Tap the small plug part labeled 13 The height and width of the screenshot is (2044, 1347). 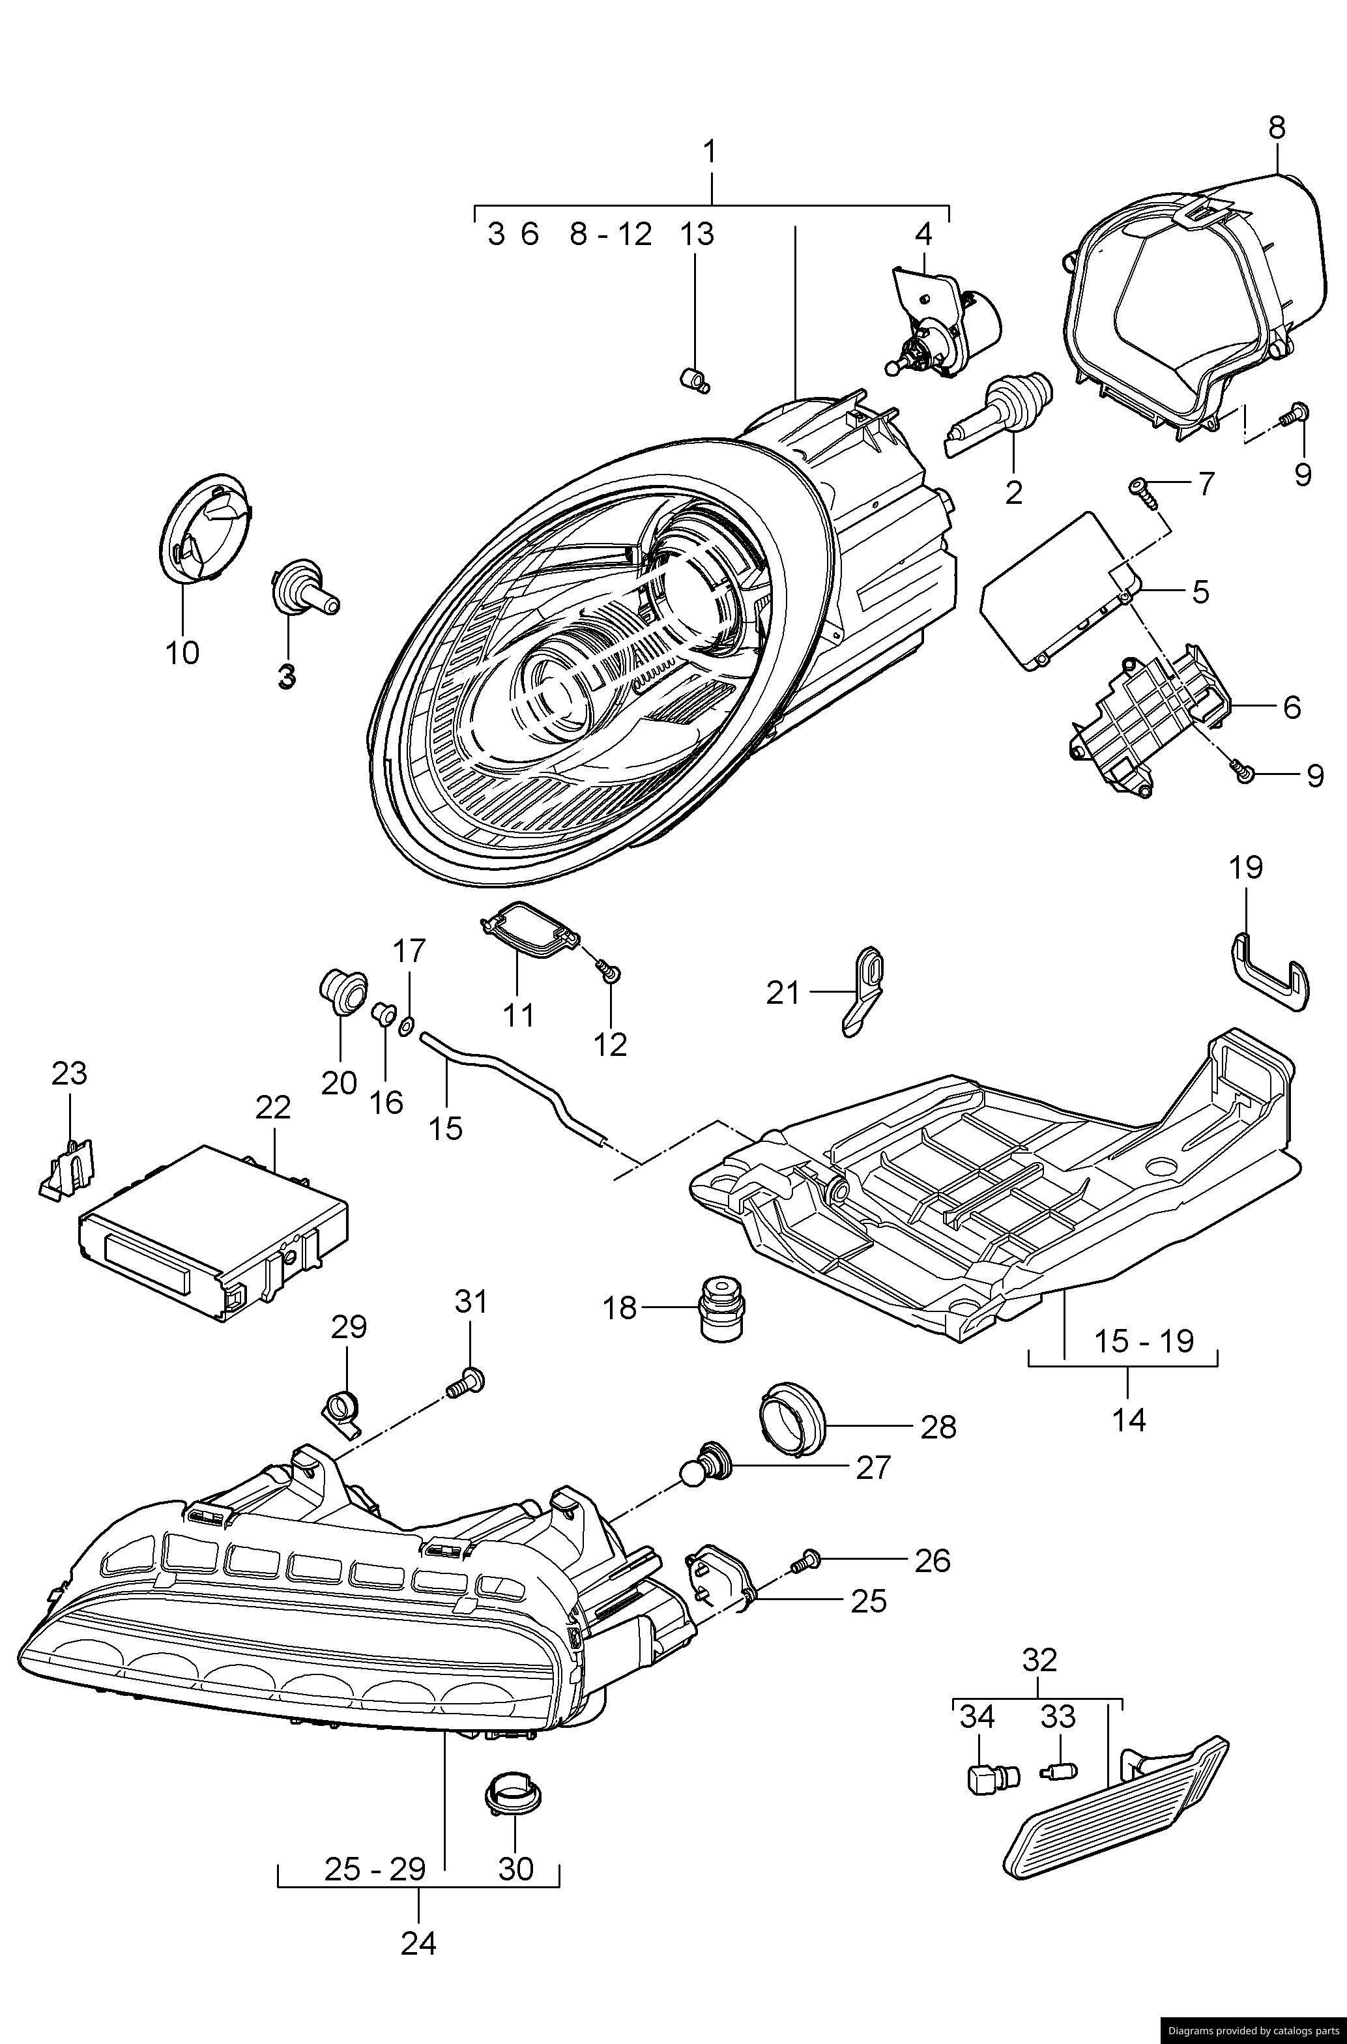pos(695,379)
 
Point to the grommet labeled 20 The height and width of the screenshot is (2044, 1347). pos(341,993)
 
